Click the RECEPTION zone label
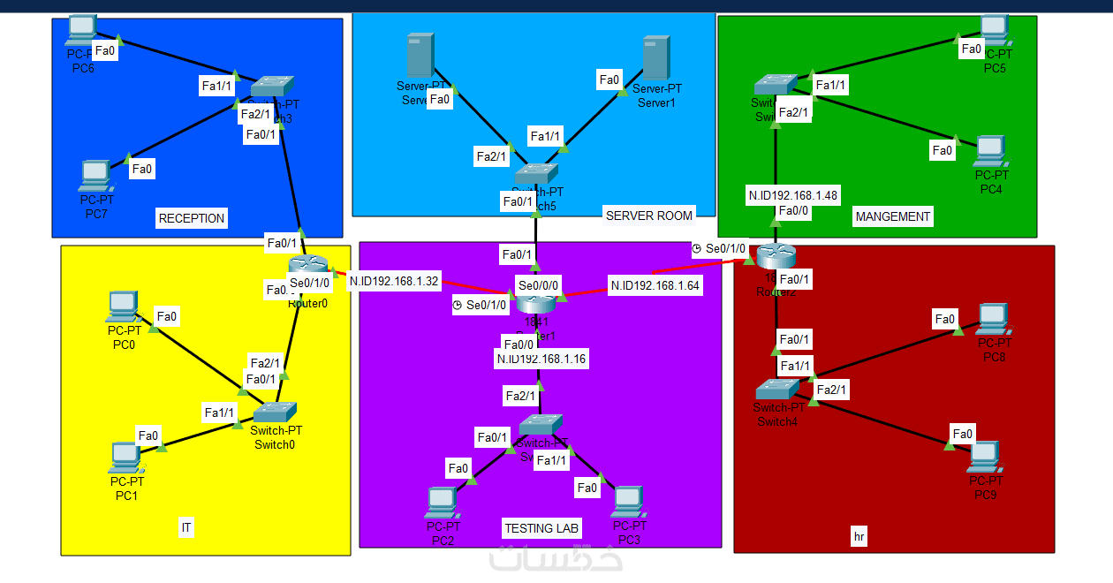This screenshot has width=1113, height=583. coord(192,218)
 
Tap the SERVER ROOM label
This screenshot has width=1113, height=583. coord(648,215)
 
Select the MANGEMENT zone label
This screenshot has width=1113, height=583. coord(892,216)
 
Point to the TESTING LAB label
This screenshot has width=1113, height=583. coord(541,528)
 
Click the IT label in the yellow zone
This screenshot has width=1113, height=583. coord(186,528)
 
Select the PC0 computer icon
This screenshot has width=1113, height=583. coord(122,307)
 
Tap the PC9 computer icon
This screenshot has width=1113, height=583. coord(984,457)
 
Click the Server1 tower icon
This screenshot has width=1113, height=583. coord(655,57)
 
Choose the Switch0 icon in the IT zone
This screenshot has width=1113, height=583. coord(275,412)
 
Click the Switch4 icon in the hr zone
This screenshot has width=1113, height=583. coord(777,390)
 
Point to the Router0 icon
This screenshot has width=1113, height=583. coord(307,265)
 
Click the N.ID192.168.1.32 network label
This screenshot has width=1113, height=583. coord(394,282)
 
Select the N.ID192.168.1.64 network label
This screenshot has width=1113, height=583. coord(655,285)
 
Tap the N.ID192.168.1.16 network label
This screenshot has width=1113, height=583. coord(541,359)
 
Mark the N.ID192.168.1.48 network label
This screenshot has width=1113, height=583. coord(793,195)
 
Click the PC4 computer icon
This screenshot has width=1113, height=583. coord(990,151)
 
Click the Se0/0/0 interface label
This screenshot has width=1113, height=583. coord(539,286)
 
